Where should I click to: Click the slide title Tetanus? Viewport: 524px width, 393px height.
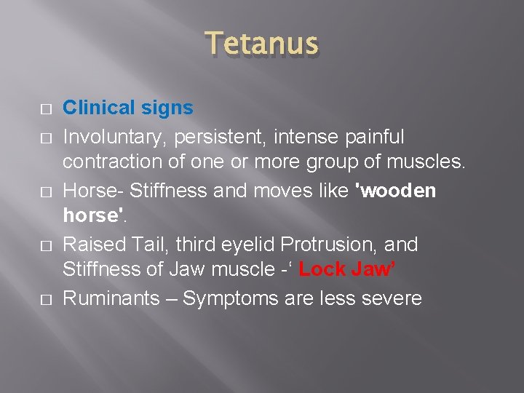click(x=262, y=45)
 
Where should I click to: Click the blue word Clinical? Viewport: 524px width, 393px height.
click(x=100, y=108)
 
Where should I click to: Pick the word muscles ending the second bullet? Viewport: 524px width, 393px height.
click(x=430, y=162)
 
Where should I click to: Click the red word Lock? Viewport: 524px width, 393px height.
click(x=322, y=269)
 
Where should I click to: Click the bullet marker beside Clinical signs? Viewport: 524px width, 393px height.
click(x=46, y=109)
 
